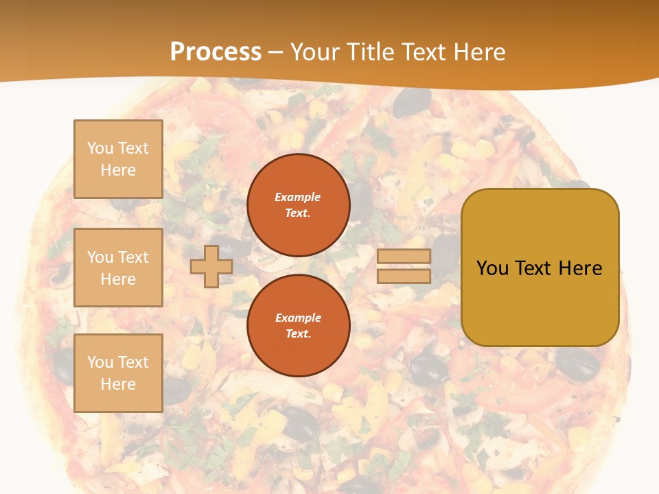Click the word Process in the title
click(x=216, y=52)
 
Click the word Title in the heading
click(x=370, y=52)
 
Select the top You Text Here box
click(x=118, y=159)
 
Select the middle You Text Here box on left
click(x=118, y=268)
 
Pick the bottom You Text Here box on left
click(x=118, y=373)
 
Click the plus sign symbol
click(x=211, y=266)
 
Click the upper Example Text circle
click(x=298, y=205)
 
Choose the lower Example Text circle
click(x=298, y=326)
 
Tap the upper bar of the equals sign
click(x=404, y=257)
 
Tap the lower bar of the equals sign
click(x=404, y=277)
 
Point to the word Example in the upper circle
click(x=298, y=198)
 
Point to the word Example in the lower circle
click(x=298, y=318)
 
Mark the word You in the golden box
click(x=492, y=268)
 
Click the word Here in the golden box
click(x=581, y=268)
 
